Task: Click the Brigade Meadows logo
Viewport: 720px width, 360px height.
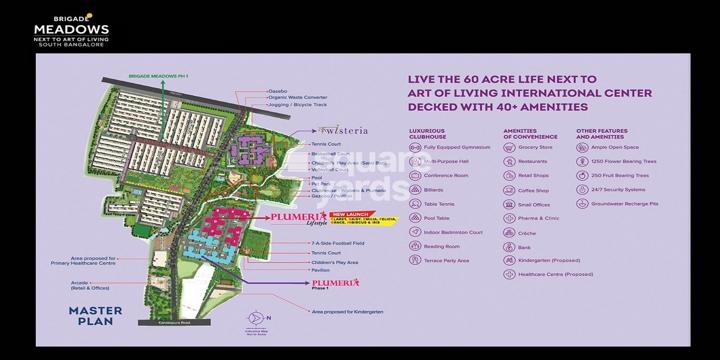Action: click(x=72, y=30)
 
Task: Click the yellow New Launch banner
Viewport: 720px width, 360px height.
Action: click(x=364, y=218)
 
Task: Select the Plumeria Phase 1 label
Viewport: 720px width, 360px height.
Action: click(x=335, y=284)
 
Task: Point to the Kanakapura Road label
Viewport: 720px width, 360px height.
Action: click(x=174, y=323)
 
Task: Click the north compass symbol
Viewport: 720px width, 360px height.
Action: click(x=256, y=318)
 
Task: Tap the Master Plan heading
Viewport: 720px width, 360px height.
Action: click(x=95, y=316)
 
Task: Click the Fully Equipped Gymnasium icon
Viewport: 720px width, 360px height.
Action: click(x=415, y=148)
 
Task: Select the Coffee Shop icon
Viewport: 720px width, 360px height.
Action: click(x=509, y=190)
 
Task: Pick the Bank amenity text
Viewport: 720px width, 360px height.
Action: click(x=524, y=247)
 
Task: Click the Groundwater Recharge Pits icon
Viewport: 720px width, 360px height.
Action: click(x=582, y=204)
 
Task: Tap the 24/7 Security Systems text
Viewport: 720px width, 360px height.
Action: click(x=618, y=190)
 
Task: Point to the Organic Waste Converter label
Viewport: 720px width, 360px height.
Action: click(x=297, y=97)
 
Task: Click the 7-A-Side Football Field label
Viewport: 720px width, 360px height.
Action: click(x=337, y=243)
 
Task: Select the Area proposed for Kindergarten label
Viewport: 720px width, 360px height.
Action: click(x=347, y=312)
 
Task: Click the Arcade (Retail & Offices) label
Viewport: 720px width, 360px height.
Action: click(x=90, y=285)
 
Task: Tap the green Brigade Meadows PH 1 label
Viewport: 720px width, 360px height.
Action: click(x=158, y=76)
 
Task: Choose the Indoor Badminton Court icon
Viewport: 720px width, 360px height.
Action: click(x=415, y=232)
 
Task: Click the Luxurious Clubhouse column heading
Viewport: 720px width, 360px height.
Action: click(x=427, y=134)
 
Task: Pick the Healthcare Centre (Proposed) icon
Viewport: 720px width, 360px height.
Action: click(x=509, y=274)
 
